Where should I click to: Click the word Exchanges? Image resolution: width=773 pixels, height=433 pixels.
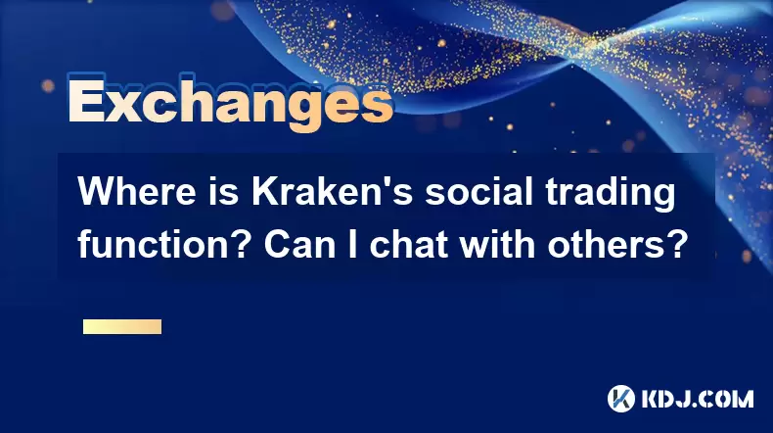click(230, 103)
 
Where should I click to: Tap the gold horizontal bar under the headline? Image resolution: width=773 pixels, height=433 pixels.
click(122, 326)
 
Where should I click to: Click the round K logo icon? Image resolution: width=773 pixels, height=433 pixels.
click(621, 399)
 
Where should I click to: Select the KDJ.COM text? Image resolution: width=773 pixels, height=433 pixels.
click(698, 399)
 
